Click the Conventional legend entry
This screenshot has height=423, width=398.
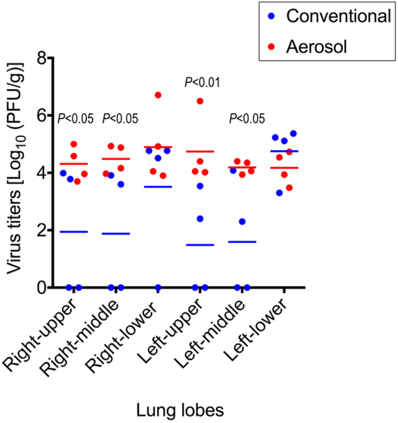(x=328, y=16)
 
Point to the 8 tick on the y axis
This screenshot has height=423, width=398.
(x=40, y=58)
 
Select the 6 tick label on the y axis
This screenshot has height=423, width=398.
(x=40, y=115)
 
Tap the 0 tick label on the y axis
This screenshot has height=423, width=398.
(x=40, y=288)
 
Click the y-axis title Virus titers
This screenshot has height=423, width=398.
(x=14, y=174)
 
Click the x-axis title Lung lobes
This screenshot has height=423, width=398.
(x=179, y=410)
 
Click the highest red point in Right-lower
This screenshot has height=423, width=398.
(x=158, y=95)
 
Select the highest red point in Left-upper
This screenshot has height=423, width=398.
(x=200, y=101)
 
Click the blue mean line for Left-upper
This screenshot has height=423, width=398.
(x=200, y=245)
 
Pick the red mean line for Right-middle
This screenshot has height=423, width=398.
(x=116, y=159)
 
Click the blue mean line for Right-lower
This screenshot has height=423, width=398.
(x=158, y=187)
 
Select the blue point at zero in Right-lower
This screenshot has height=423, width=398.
(x=158, y=288)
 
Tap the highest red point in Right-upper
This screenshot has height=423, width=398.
(x=74, y=144)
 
